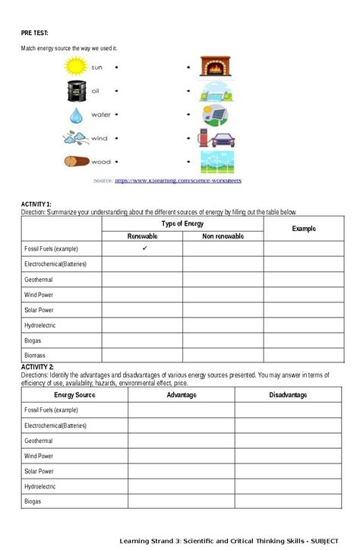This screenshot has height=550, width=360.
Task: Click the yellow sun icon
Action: pyautogui.click(x=76, y=67)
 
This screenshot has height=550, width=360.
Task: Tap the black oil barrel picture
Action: pyautogui.click(x=76, y=90)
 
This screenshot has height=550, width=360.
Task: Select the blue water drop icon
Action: pyautogui.click(x=76, y=115)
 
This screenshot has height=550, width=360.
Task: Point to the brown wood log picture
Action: pyautogui.click(x=76, y=162)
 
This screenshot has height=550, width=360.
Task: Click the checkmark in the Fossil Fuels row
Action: pyautogui.click(x=144, y=248)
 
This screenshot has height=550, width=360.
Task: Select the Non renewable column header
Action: pyautogui.click(x=223, y=236)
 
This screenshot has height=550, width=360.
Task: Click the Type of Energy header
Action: pyautogui.click(x=182, y=224)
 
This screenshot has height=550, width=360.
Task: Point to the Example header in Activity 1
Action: pyautogui.click(x=303, y=229)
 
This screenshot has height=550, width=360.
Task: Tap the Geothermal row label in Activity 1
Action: pyautogui.click(x=38, y=280)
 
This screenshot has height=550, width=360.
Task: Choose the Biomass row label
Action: pyautogui.click(x=36, y=355)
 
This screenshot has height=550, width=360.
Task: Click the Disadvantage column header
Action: pyautogui.click(x=288, y=395)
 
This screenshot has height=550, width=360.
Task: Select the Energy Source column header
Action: pyautogui.click(x=74, y=395)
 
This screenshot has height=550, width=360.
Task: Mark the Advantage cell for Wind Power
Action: pyautogui.click(x=181, y=456)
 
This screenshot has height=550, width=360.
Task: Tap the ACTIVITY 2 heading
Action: pyautogui.click(x=37, y=367)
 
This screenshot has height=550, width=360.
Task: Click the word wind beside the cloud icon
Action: pyautogui.click(x=99, y=138)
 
